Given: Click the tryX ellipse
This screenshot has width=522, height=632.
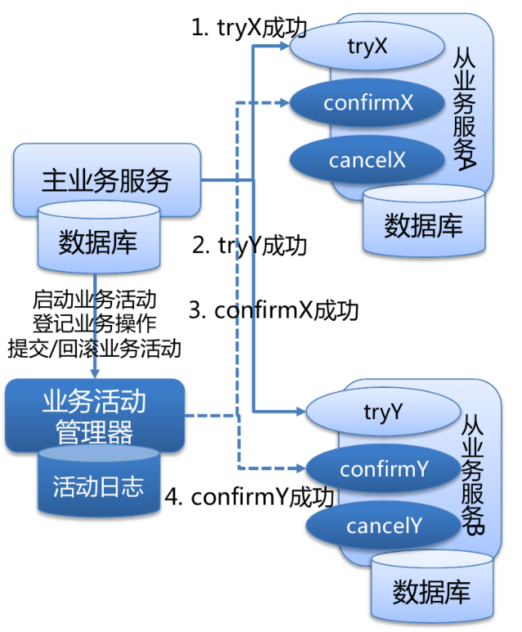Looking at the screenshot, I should pos(367,47).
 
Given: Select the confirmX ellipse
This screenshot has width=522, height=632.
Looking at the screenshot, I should pos(367,103).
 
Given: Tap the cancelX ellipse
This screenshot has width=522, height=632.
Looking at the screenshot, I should pos(367,159).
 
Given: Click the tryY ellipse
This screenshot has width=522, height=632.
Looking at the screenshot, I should pos(381,412).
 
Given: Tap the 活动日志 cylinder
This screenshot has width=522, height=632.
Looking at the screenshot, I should pos(97,486).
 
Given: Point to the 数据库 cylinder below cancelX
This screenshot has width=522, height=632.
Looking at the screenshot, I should pos(423,223).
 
